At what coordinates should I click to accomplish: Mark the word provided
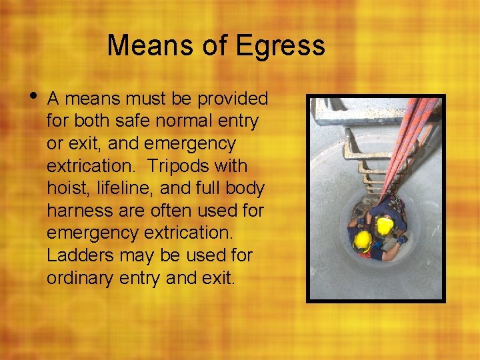click(229, 99)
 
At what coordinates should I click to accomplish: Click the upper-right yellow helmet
click(385, 226)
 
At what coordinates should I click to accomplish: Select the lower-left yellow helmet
click(362, 241)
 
